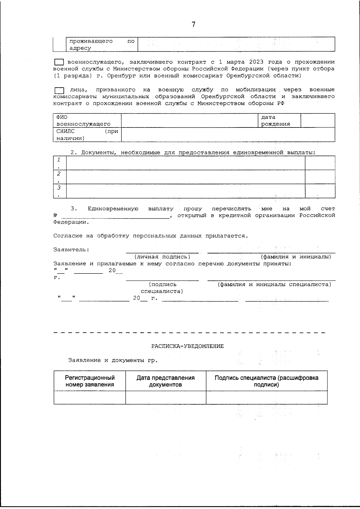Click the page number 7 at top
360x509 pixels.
click(193, 25)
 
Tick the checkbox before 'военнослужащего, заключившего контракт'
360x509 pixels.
click(59, 62)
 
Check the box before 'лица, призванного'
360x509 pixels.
click(59, 90)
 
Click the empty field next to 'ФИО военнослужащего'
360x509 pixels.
click(190, 120)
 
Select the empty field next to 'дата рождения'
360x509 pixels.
click(317, 120)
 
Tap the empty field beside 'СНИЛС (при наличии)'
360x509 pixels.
click(228, 134)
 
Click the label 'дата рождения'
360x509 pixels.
click(275, 121)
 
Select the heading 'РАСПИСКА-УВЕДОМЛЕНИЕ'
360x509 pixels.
click(187, 346)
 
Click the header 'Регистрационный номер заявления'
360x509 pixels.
click(90, 381)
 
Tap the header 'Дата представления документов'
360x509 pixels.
click(166, 381)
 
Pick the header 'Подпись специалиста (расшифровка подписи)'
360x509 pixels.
click(266, 381)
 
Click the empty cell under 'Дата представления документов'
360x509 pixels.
click(166, 397)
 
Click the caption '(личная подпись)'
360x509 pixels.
click(162, 257)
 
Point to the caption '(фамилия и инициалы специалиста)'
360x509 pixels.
click(274, 284)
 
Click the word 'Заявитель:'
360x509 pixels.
click(71, 250)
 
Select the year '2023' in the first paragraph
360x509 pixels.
click(256, 62)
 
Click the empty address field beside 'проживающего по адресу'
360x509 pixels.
click(236, 44)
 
